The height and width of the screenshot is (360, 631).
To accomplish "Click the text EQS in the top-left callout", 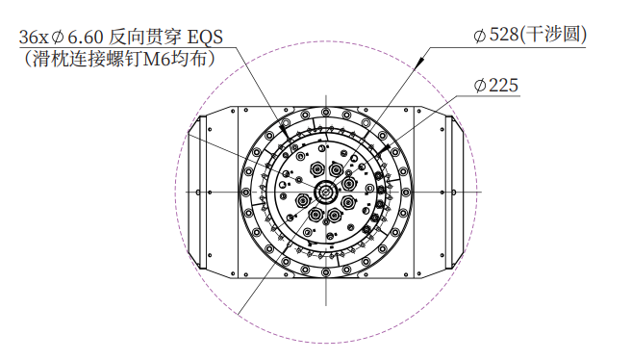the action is click(x=205, y=37).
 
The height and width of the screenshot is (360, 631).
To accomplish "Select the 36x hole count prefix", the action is click(x=34, y=38).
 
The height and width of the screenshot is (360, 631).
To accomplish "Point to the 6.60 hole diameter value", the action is click(x=85, y=38).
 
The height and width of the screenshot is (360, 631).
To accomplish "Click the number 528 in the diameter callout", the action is click(x=503, y=35).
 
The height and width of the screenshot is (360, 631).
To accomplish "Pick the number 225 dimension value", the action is click(x=503, y=86).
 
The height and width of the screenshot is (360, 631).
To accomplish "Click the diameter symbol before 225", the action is click(x=480, y=86).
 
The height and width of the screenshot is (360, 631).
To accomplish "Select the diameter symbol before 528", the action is click(x=480, y=35).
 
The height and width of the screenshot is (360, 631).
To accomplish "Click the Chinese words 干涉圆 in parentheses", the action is click(x=553, y=35).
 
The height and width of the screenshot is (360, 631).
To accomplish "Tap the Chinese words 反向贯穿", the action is click(x=145, y=37).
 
